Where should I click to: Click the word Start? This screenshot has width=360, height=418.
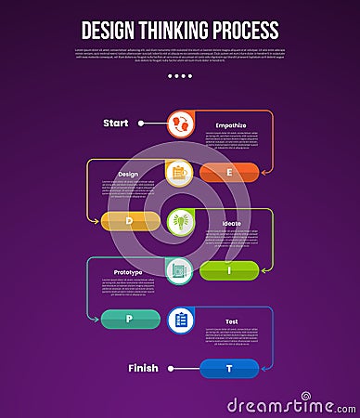(x=116, y=123)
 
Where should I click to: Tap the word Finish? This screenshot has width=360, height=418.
(x=144, y=369)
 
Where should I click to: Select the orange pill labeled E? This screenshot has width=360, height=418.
(x=229, y=171)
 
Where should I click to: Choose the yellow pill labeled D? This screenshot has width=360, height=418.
(x=131, y=220)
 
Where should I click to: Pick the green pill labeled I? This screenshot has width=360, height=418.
(x=229, y=270)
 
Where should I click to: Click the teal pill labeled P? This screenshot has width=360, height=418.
(x=131, y=320)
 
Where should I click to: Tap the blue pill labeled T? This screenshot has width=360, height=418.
(x=229, y=369)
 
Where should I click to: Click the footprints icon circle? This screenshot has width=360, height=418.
(x=180, y=123)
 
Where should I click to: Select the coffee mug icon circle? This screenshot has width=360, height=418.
(x=180, y=172)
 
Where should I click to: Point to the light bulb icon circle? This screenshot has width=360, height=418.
(x=180, y=221)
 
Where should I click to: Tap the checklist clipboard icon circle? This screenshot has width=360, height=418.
(x=180, y=320)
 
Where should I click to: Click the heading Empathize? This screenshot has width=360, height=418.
(x=230, y=124)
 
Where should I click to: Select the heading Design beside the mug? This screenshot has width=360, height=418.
(x=128, y=174)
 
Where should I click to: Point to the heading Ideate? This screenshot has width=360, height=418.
(x=231, y=223)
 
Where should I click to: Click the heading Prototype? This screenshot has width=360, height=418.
(x=128, y=272)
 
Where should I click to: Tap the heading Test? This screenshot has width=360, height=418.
(x=231, y=321)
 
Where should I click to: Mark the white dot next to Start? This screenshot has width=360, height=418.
(x=141, y=123)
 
